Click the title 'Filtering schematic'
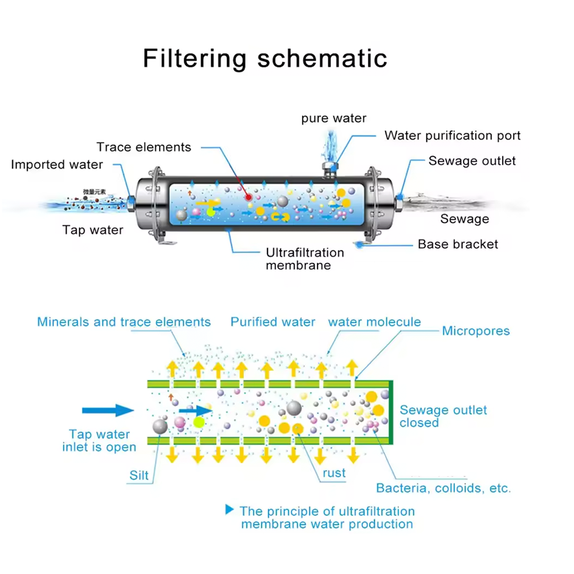click(x=265, y=59)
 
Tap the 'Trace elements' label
click(x=143, y=148)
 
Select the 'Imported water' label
click(x=57, y=165)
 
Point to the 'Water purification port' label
click(x=452, y=135)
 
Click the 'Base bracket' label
click(x=457, y=244)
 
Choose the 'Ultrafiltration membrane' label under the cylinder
click(x=305, y=259)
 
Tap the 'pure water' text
click(x=333, y=118)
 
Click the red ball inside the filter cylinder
click(x=249, y=197)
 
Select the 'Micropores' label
click(x=475, y=331)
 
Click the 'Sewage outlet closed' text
click(x=443, y=416)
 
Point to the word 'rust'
click(x=334, y=474)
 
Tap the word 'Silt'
click(x=139, y=476)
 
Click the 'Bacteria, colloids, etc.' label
click(x=443, y=488)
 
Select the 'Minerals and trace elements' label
click(x=124, y=322)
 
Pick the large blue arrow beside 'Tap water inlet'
click(x=108, y=410)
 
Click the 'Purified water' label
click(x=273, y=322)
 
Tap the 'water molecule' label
click(x=374, y=322)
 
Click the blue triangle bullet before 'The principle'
click(x=230, y=509)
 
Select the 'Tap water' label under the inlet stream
click(x=92, y=231)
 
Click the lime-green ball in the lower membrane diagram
click(x=199, y=423)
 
